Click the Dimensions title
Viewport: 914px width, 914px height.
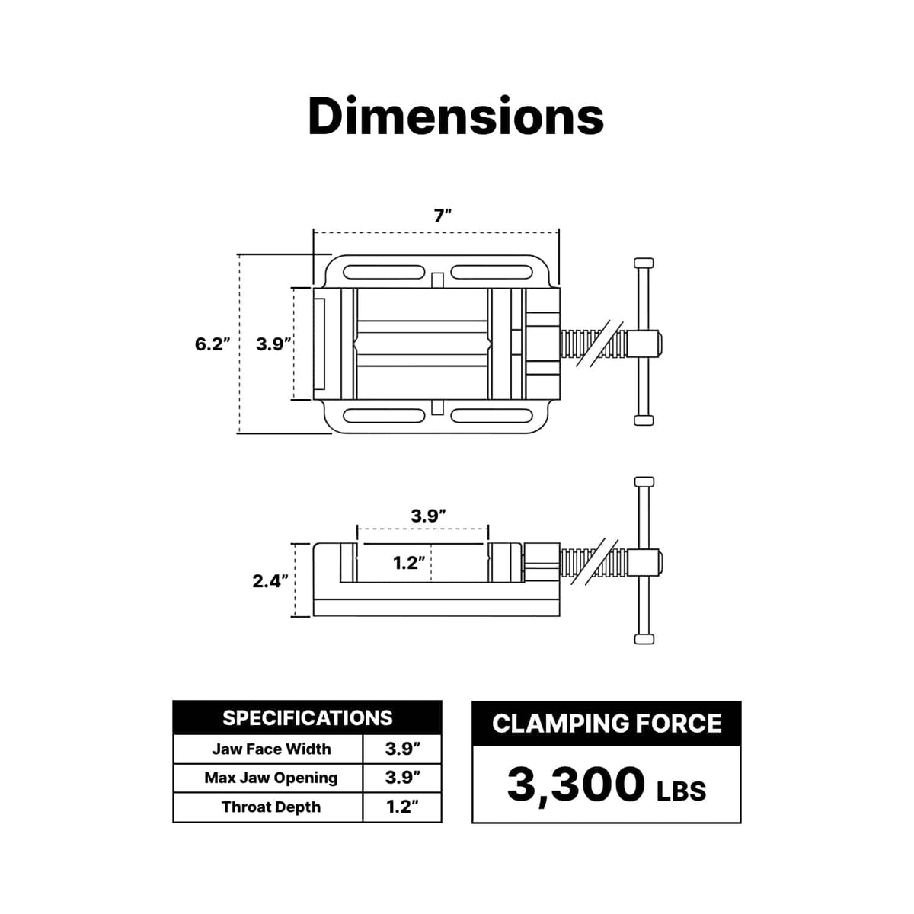(455, 117)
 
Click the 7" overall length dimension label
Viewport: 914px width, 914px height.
(442, 216)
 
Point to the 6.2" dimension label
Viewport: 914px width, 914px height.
(212, 344)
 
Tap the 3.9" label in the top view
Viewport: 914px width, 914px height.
(273, 344)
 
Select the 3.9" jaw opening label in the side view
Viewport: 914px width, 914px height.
(428, 516)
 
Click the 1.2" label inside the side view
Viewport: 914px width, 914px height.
(408, 563)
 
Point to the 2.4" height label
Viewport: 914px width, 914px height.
(270, 581)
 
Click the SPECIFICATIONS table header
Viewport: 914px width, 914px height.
(308, 718)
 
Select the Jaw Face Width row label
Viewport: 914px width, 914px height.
(271, 749)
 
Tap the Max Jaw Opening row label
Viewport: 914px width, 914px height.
(271, 778)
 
